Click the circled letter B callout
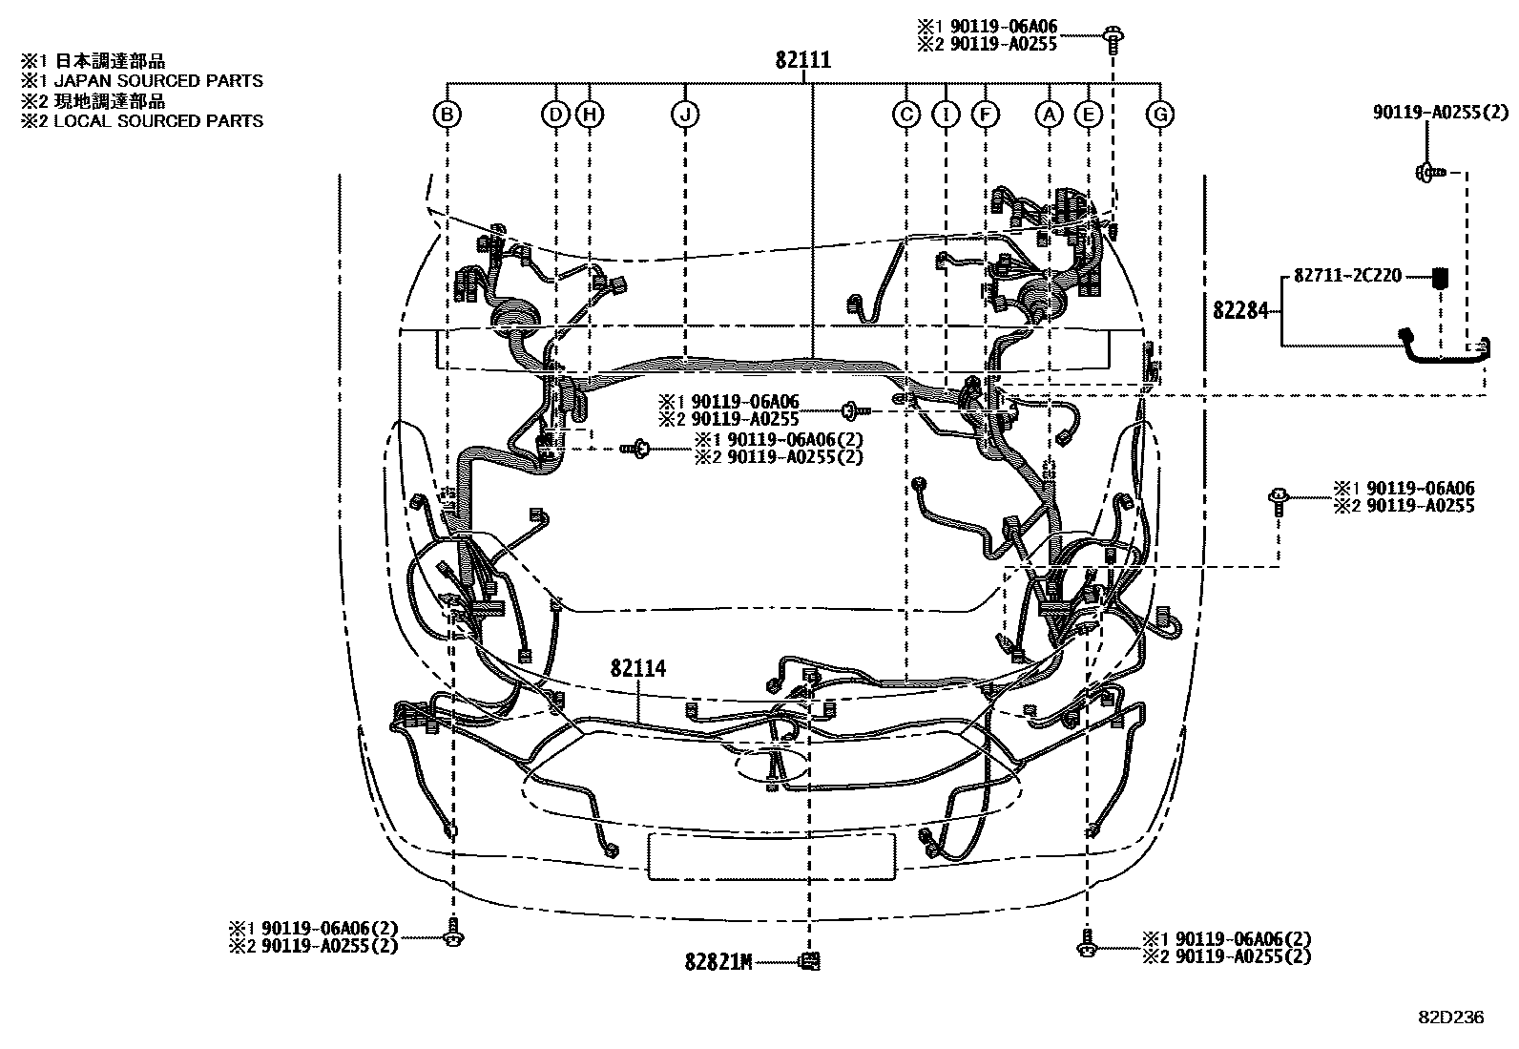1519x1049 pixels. pyautogui.click(x=447, y=115)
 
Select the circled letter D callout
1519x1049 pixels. pyautogui.click(x=555, y=115)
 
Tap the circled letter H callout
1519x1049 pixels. pyautogui.click(x=590, y=115)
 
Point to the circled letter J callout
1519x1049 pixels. pyautogui.click(x=685, y=115)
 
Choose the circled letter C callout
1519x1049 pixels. pyautogui.click(x=905, y=115)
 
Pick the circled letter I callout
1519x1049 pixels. pyautogui.click(x=946, y=115)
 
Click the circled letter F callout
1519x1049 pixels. pyautogui.click(x=985, y=115)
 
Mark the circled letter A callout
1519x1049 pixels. pyautogui.click(x=1050, y=115)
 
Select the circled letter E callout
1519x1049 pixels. pyautogui.click(x=1088, y=115)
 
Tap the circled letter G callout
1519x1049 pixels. pyautogui.click(x=1160, y=115)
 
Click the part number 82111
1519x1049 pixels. pyautogui.click(x=802, y=61)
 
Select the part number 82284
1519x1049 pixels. pyautogui.click(x=1240, y=310)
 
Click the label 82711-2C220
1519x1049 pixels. pyautogui.click(x=1347, y=276)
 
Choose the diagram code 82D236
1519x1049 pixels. pyautogui.click(x=1449, y=1018)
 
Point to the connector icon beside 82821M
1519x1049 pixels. pyautogui.click(x=809, y=961)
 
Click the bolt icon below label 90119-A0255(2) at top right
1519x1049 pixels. pyautogui.click(x=1425, y=173)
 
